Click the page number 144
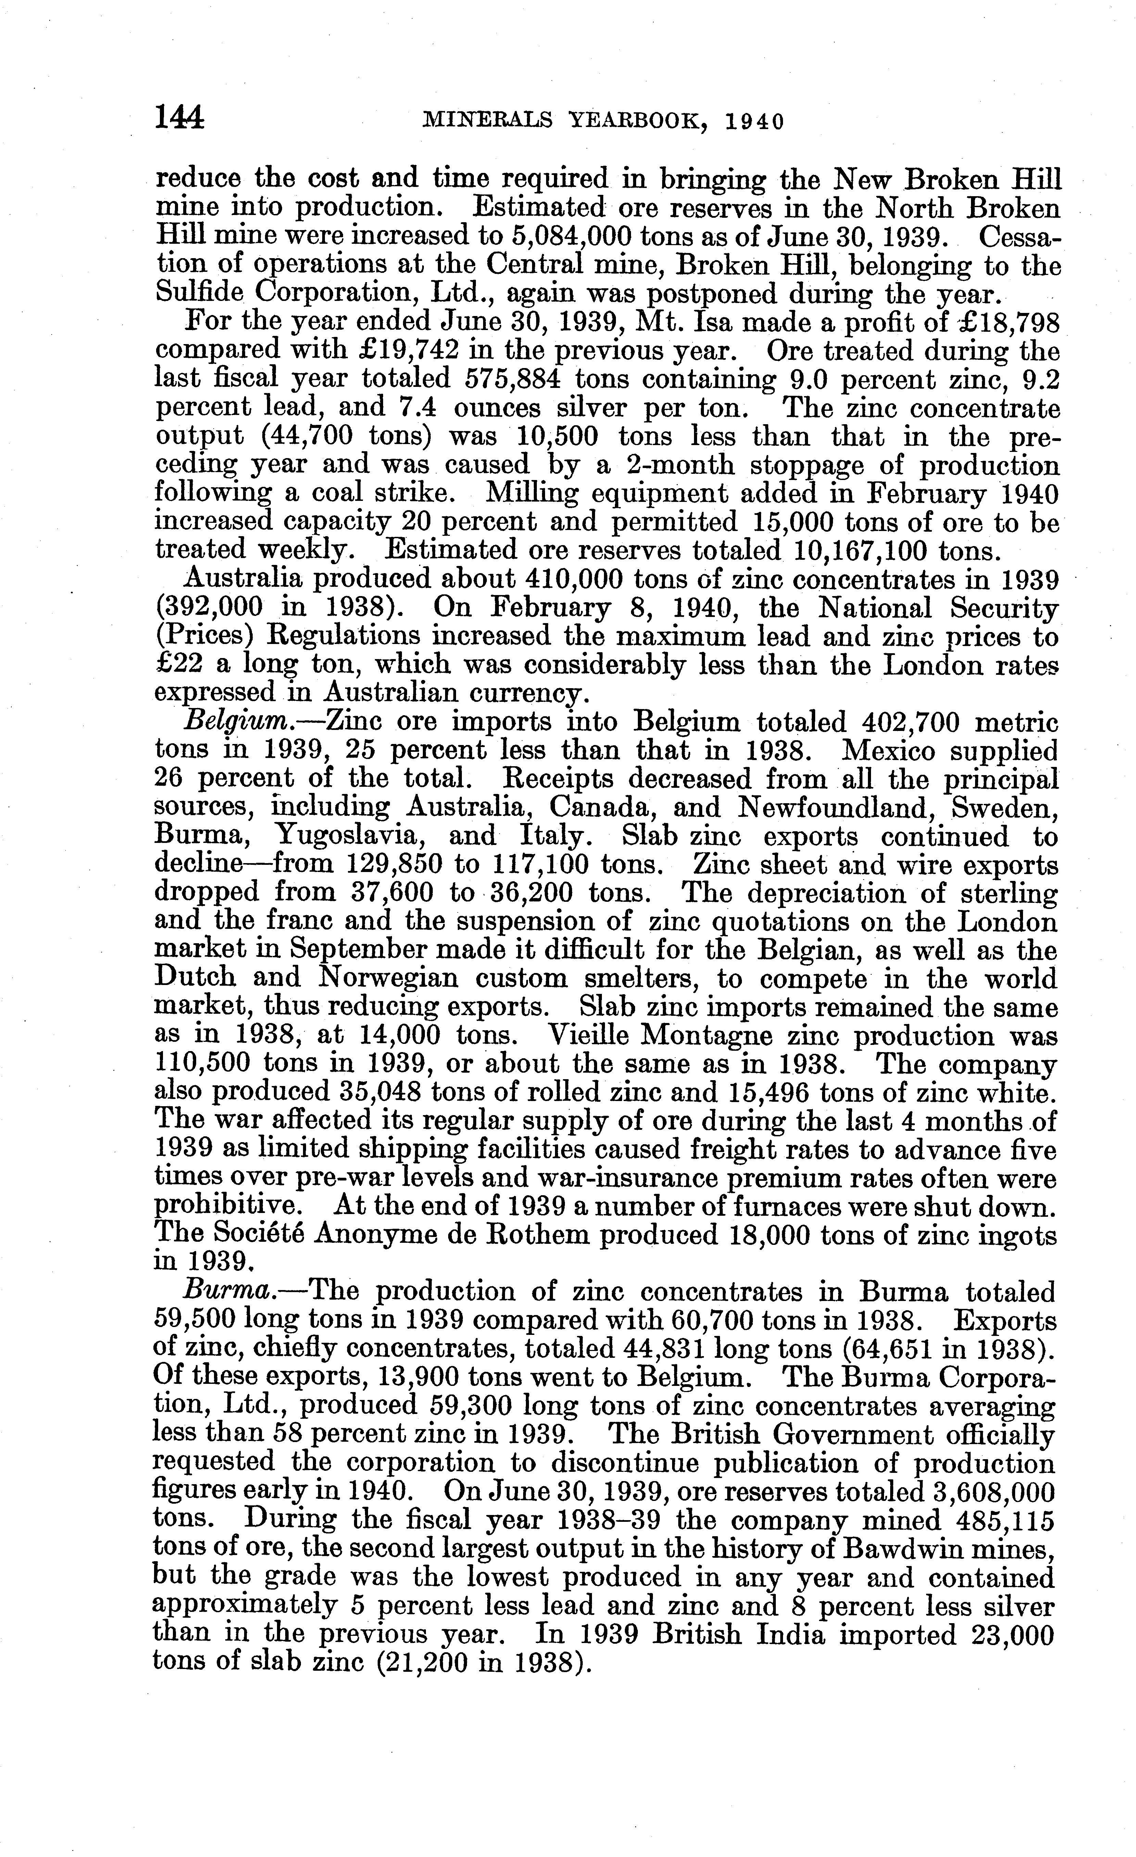coord(179,118)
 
